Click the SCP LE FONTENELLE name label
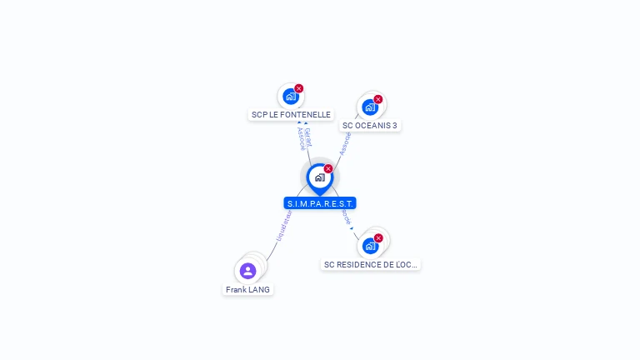(x=291, y=115)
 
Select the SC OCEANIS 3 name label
(x=370, y=126)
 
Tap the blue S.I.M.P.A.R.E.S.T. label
(x=320, y=203)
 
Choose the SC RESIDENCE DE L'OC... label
(x=371, y=265)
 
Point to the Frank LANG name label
(x=247, y=290)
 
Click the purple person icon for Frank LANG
(x=247, y=271)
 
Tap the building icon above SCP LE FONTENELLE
(x=290, y=97)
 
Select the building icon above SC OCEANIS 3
(x=369, y=107)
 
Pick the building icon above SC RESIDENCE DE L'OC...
(x=370, y=247)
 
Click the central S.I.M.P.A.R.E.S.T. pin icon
(x=319, y=177)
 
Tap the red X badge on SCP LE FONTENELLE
(x=299, y=88)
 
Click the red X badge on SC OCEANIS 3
(x=378, y=99)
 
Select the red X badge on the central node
(x=328, y=168)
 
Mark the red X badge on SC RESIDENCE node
(x=378, y=238)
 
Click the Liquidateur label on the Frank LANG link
(x=283, y=225)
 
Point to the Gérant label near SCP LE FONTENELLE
(x=308, y=136)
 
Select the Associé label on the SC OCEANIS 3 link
(x=344, y=143)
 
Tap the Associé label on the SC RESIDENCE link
(x=346, y=216)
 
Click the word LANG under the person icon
(x=258, y=290)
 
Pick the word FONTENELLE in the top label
(x=305, y=115)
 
